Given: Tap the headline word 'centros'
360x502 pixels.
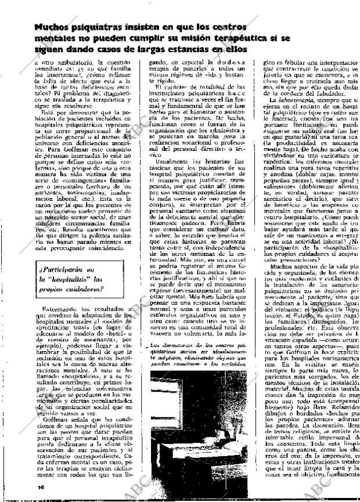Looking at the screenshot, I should click(226, 27).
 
